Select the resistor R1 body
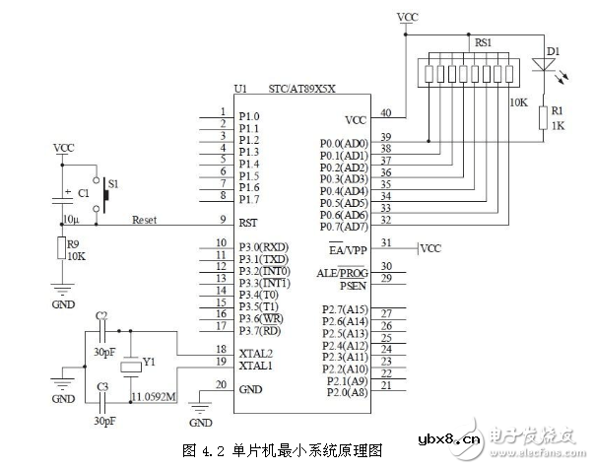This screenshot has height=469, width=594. pyautogui.click(x=543, y=117)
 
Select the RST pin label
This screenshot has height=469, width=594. pyautogui.click(x=249, y=222)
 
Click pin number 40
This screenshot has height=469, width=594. pyautogui.click(x=385, y=113)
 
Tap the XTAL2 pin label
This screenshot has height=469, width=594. pyautogui.click(x=255, y=352)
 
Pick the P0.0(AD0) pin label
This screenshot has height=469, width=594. pyautogui.click(x=344, y=143)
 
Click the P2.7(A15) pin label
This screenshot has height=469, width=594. pyautogui.click(x=344, y=310)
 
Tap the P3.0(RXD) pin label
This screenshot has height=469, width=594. pyautogui.click(x=263, y=247)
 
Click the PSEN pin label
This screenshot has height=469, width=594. pyautogui.click(x=354, y=287)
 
